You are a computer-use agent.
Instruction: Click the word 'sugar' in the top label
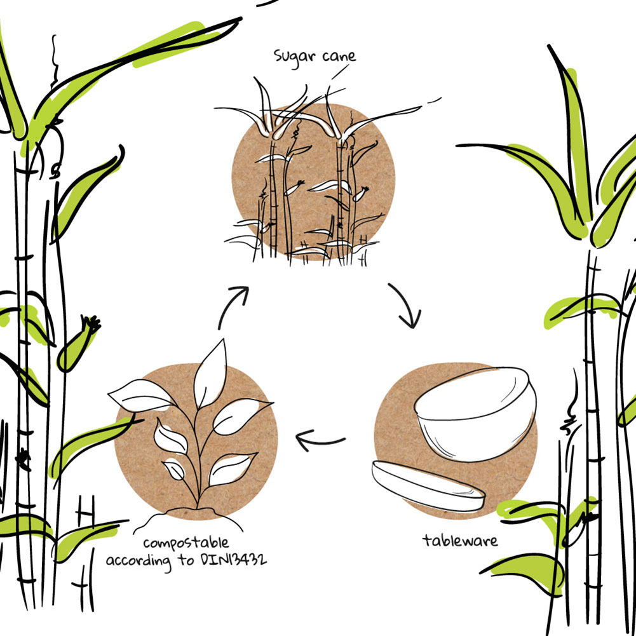[294, 56]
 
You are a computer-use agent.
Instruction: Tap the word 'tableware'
[460, 541]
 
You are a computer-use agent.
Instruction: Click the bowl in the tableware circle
[473, 426]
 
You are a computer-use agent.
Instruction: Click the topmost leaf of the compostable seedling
[211, 375]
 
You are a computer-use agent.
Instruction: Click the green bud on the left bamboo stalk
[76, 348]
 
